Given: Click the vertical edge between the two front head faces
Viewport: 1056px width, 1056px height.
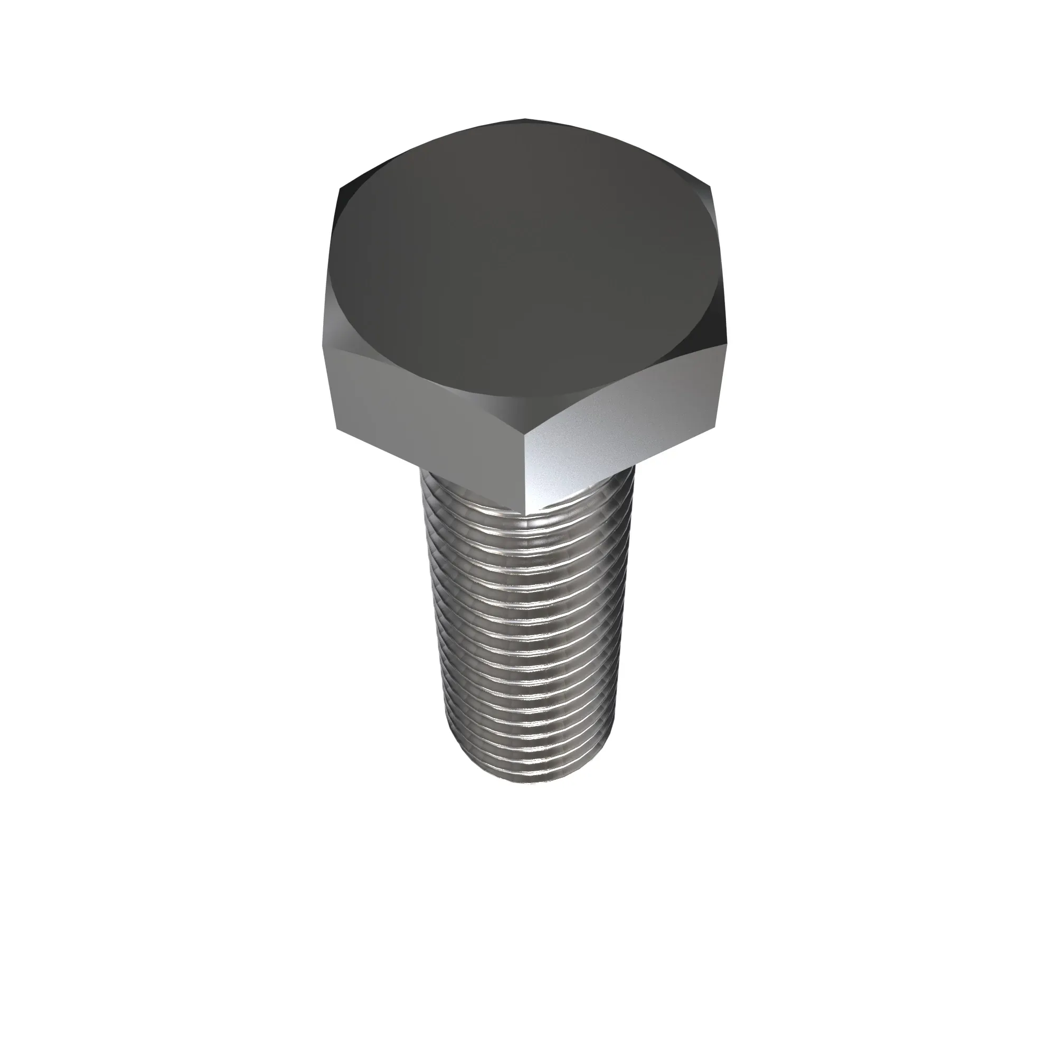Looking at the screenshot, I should click(525, 470).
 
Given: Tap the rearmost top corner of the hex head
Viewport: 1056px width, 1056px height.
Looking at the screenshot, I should click(526, 118).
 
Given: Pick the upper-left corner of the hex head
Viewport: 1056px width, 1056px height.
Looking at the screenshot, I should click(340, 188).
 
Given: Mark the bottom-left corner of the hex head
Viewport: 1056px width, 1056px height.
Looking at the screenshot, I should click(335, 428).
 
